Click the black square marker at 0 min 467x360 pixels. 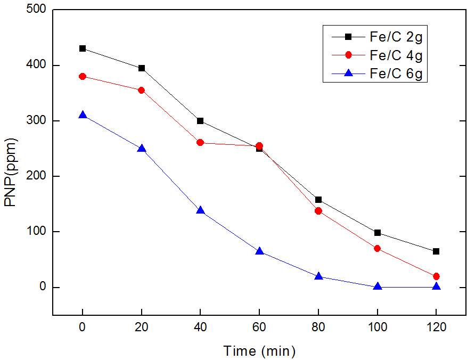pos(83,48)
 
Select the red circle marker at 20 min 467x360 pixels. pos(142,90)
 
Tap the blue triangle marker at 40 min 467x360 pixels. pos(200,210)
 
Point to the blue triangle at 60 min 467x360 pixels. pos(259,251)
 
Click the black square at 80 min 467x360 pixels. pos(318,200)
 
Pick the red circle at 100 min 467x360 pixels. pos(378,248)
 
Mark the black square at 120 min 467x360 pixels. pos(436,251)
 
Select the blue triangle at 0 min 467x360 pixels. pos(83,115)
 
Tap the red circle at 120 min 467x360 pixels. pos(436,276)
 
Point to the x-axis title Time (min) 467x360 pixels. pos(259,351)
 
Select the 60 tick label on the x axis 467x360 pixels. pos(259,329)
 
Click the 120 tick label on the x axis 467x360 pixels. pos(436,329)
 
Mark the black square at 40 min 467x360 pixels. pos(200,121)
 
